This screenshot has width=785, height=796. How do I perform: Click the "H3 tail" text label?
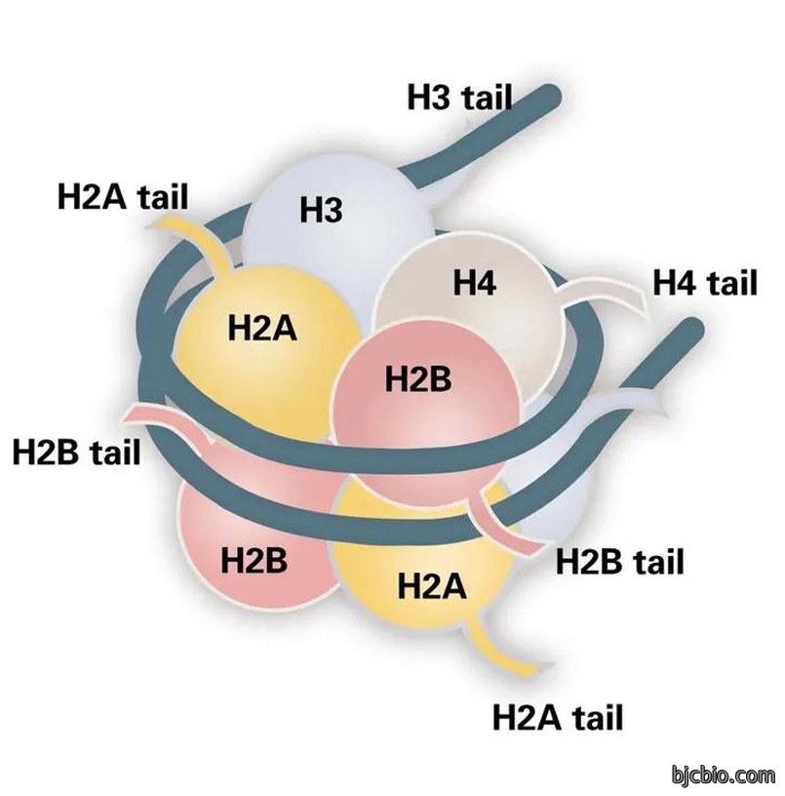tap(459, 98)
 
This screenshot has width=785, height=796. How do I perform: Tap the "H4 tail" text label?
tap(705, 283)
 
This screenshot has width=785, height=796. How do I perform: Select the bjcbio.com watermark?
tap(724, 776)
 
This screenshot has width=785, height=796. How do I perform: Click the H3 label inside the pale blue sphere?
tap(321, 209)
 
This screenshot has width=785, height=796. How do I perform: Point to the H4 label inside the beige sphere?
tap(475, 282)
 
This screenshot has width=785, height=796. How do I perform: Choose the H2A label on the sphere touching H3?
tap(262, 328)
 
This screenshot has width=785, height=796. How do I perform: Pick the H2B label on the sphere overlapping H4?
tap(418, 378)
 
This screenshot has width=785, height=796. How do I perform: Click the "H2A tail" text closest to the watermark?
tap(558, 717)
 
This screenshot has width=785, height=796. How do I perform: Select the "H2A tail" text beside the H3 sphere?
tap(123, 196)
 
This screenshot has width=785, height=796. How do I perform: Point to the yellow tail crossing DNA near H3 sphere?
tap(203, 239)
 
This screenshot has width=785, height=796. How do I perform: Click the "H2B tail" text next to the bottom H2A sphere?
tap(620, 562)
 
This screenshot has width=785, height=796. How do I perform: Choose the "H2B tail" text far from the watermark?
tap(76, 452)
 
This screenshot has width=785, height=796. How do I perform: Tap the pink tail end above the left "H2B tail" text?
tap(136, 414)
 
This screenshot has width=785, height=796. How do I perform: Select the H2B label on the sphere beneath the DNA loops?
tap(254, 561)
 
